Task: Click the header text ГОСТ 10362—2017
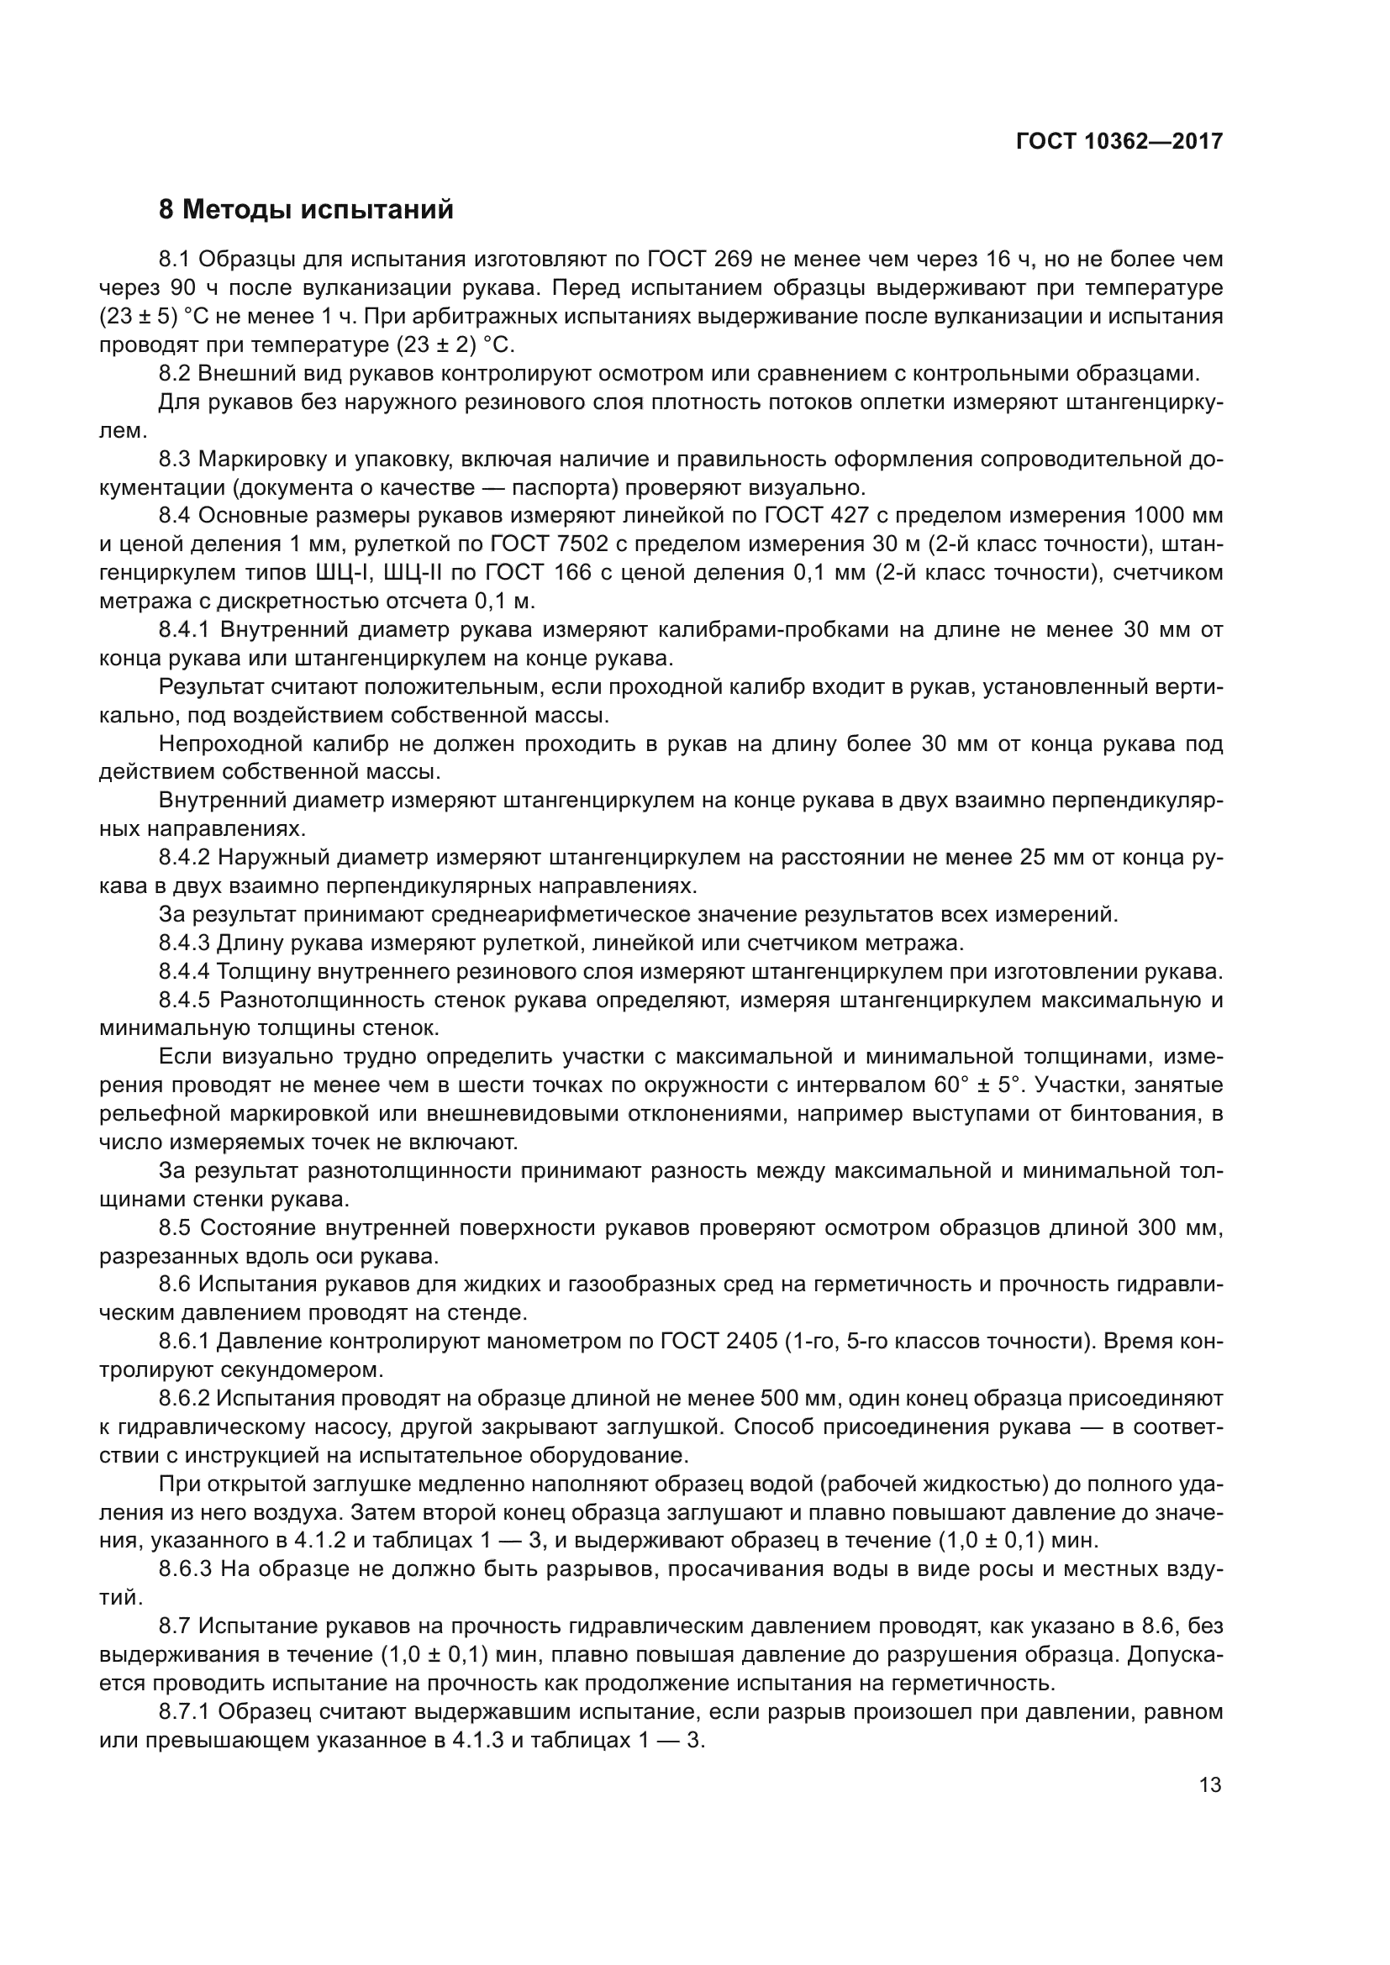(1119, 141)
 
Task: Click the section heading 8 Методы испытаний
(306, 210)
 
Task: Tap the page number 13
(1210, 1785)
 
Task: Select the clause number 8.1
(175, 260)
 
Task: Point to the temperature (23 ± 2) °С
(444, 345)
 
